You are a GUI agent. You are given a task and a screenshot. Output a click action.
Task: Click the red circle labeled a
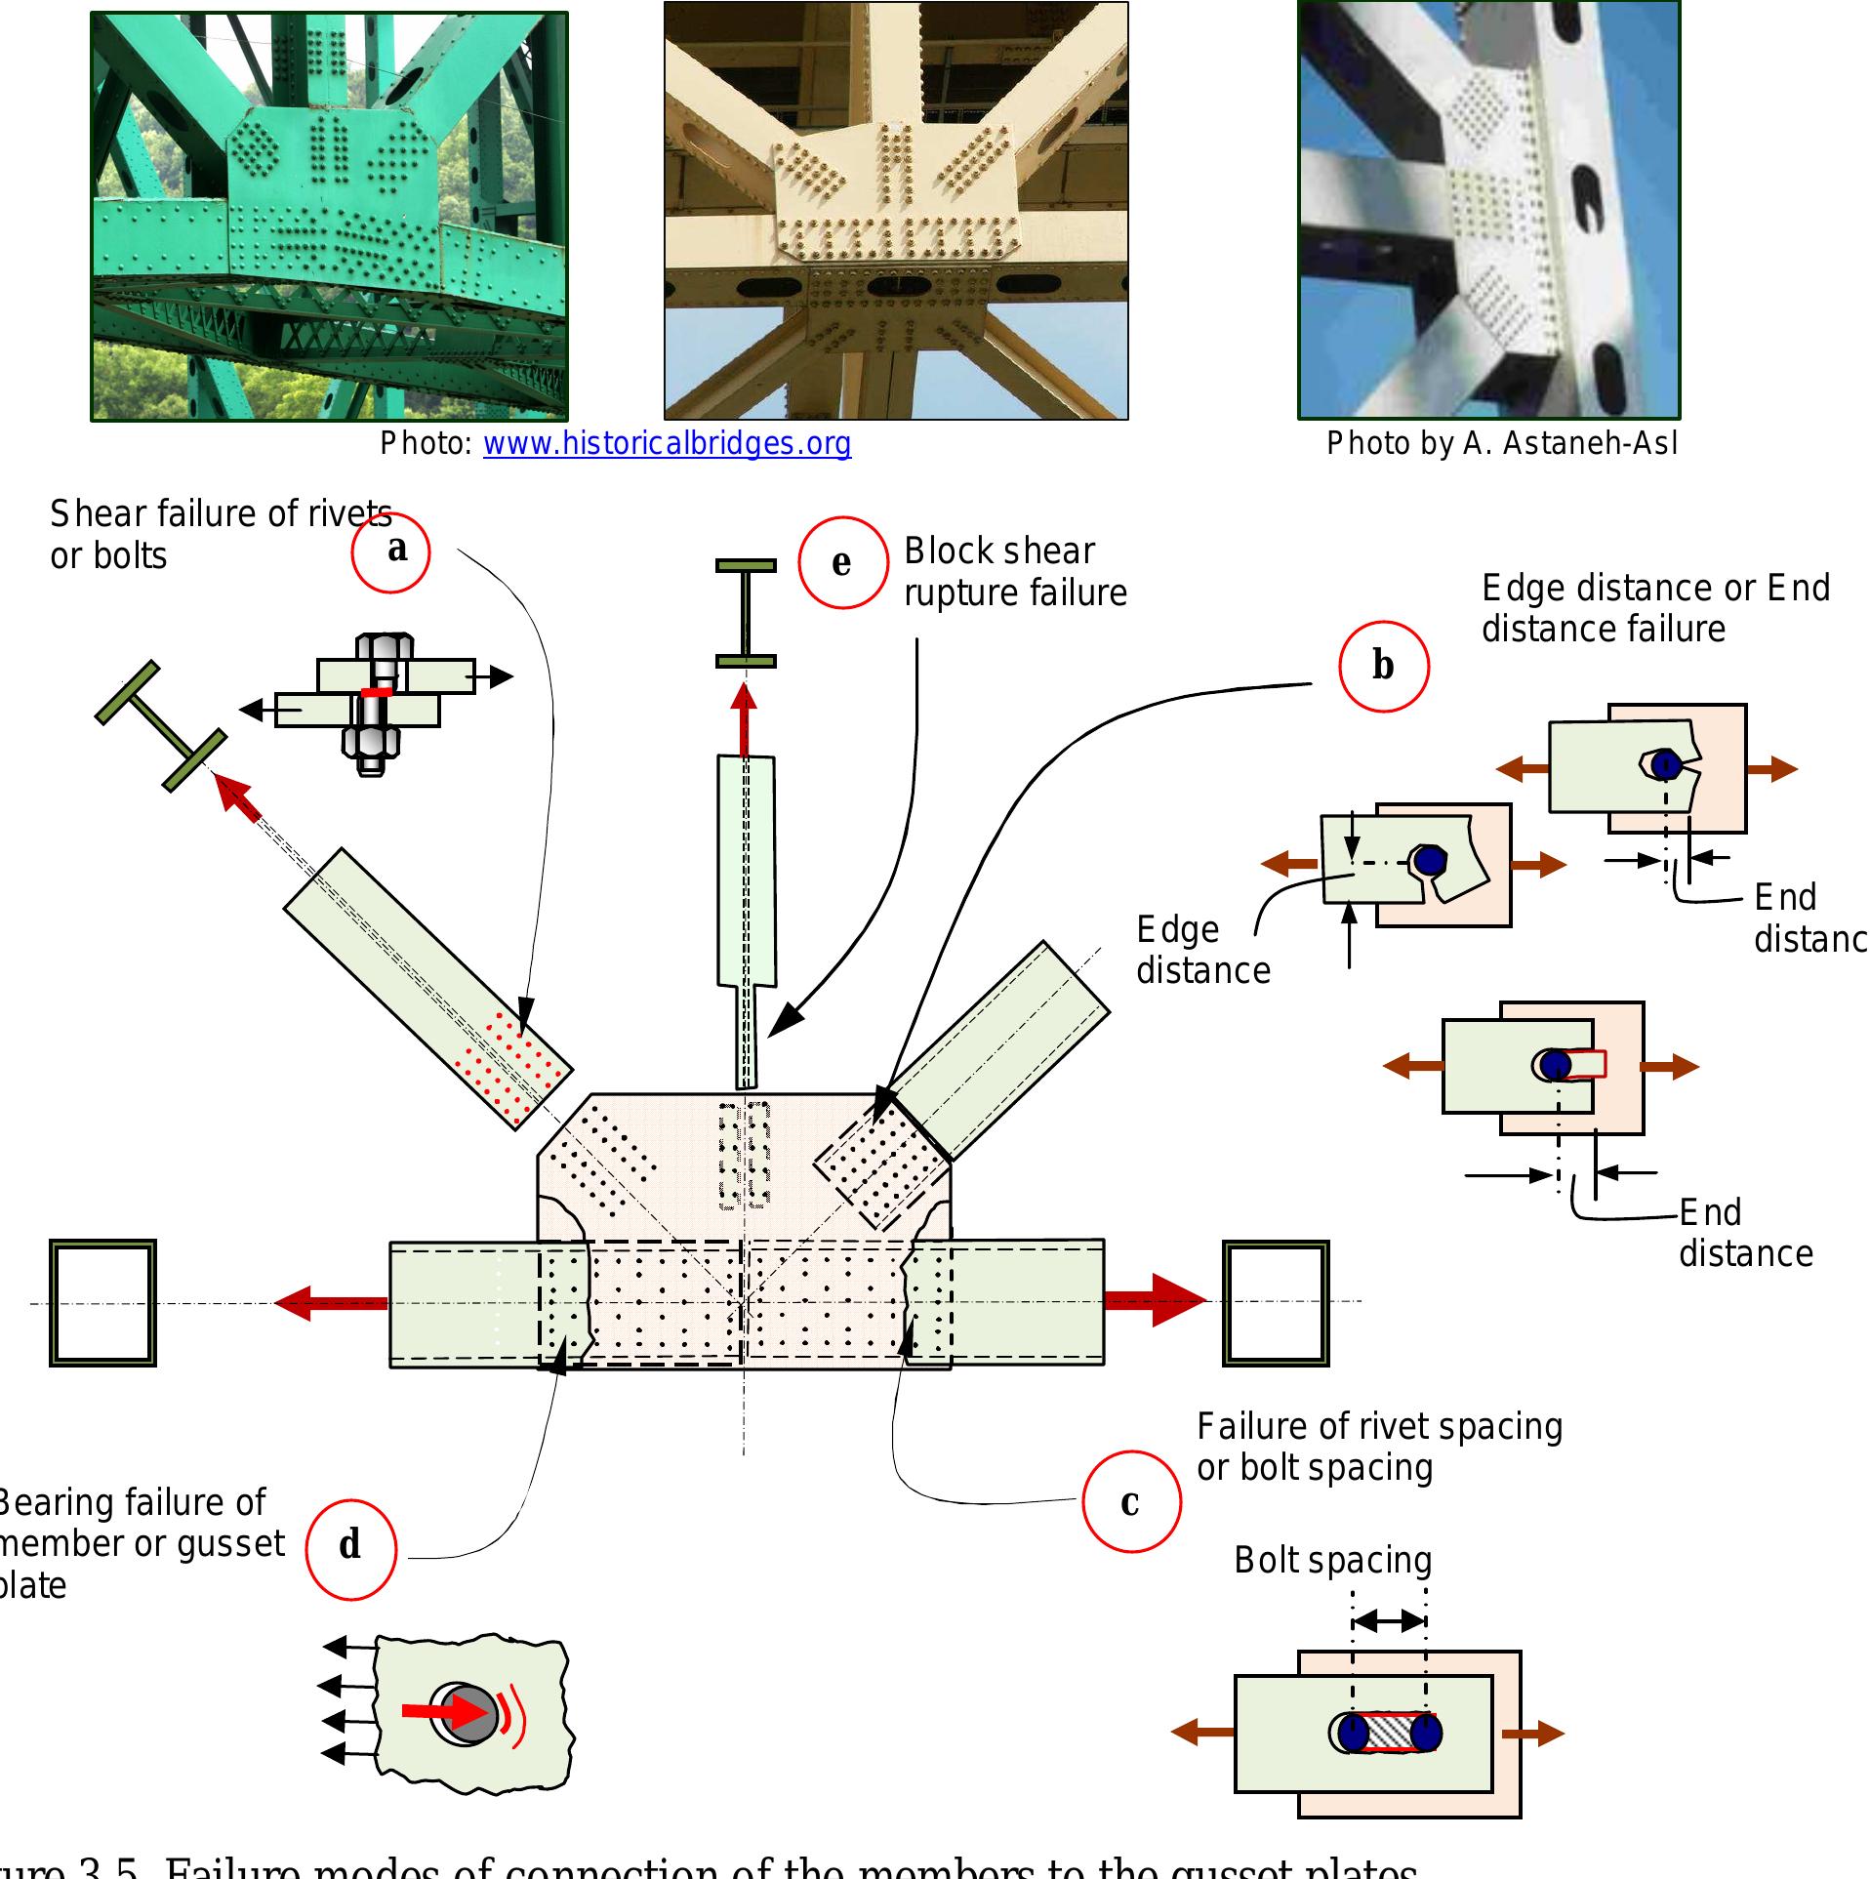tap(391, 551)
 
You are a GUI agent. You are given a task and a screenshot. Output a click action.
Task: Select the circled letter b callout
tap(1383, 666)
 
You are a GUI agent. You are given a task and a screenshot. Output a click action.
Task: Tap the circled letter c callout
tap(1131, 1501)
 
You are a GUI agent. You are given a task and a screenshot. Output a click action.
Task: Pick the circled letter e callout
tap(842, 563)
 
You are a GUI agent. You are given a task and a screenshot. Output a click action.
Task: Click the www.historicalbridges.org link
tap(667, 444)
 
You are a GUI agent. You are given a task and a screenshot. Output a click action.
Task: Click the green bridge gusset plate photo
tap(329, 217)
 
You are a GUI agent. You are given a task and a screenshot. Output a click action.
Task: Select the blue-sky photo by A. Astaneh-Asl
tap(1488, 210)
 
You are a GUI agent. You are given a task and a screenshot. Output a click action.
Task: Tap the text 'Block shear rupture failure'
tap(1014, 572)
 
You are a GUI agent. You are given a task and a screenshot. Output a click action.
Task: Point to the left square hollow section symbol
tap(102, 1302)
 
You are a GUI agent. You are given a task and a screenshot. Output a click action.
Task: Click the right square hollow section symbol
tap(1276, 1302)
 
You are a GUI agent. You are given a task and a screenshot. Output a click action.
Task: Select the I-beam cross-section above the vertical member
tap(746, 613)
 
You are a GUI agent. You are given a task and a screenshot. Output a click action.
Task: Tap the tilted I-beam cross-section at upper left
tap(161, 726)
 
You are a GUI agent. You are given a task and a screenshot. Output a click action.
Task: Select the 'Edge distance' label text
tap(1202, 950)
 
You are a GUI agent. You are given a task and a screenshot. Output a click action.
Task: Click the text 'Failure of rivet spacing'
tap(1379, 1427)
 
